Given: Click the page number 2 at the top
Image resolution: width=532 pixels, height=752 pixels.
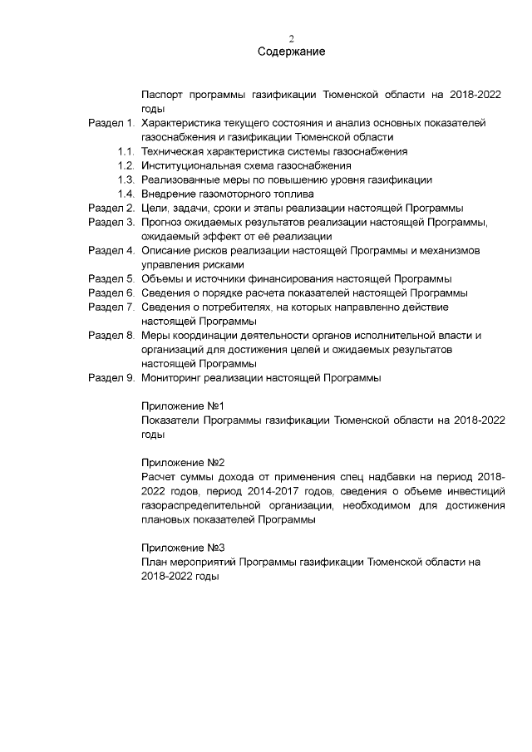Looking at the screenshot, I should [291, 38].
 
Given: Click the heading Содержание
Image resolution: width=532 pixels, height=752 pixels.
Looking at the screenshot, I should [291, 52].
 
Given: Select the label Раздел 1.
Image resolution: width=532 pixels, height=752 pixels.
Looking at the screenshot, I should [111, 123].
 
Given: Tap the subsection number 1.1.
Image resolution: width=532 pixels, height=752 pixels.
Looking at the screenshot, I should [126, 151].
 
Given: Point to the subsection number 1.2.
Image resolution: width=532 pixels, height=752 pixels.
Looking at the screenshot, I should [126, 165].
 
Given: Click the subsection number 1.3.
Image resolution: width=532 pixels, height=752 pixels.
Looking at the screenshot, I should [126, 179].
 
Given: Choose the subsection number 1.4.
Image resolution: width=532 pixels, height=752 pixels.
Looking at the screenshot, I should [126, 194].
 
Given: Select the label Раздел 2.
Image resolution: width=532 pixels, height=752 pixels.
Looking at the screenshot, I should [111, 208].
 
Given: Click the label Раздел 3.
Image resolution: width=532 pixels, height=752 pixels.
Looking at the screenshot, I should [111, 222].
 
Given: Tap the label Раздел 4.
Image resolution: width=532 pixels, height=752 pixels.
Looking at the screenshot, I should [111, 250].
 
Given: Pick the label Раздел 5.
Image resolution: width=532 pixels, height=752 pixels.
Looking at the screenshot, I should [111, 278].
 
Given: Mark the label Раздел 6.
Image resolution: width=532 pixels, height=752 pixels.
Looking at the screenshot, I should [111, 292].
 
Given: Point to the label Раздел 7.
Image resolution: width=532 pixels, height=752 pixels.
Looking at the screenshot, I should [111, 307].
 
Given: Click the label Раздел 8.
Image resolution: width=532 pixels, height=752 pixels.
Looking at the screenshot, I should [111, 335].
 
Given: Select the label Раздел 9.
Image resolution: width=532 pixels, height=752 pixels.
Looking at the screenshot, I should [111, 377].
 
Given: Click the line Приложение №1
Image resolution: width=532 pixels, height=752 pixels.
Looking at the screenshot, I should [183, 406].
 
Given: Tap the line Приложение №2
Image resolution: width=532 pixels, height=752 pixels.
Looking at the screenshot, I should [183, 463].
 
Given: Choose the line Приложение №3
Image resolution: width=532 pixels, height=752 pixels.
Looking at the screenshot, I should [183, 548].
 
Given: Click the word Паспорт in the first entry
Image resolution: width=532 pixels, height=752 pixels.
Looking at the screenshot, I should [163, 95].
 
